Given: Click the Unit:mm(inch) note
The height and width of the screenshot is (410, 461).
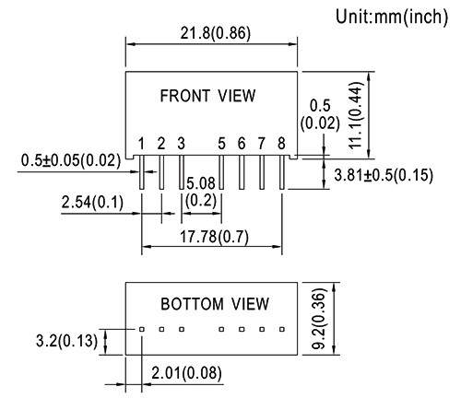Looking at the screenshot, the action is (392, 17).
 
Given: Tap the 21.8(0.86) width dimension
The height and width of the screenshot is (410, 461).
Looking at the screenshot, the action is (216, 33).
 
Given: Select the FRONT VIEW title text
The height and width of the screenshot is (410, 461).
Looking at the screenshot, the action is (207, 96).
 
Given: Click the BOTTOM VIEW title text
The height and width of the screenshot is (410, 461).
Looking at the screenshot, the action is (215, 304).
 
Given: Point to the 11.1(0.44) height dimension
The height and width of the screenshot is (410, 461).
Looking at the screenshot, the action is (355, 115).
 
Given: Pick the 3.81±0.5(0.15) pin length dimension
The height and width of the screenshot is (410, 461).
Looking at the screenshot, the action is (384, 175).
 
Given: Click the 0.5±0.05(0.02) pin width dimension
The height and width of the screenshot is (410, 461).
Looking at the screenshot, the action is (71, 160).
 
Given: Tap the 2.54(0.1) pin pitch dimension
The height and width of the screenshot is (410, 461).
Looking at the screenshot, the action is (92, 202).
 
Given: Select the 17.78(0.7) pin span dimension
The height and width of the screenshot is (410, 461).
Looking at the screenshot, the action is (214, 237).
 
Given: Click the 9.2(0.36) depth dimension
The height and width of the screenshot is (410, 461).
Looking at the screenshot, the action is (318, 319).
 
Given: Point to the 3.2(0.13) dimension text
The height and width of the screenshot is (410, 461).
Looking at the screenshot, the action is (66, 341).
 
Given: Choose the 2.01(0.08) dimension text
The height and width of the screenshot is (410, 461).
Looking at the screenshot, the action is (186, 373).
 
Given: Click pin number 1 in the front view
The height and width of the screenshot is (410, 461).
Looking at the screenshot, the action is (141, 144).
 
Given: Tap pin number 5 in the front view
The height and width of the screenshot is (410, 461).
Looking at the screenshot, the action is (221, 144).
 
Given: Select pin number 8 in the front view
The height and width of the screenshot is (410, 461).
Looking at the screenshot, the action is (281, 144).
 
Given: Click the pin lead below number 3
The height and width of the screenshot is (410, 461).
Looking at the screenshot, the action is (182, 172).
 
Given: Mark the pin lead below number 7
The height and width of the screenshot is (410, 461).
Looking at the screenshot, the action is (262, 172).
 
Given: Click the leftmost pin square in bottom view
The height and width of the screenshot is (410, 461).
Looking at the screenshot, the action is (142, 329).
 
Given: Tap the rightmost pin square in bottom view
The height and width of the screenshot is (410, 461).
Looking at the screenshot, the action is (282, 329).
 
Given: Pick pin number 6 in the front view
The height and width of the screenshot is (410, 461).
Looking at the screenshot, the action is (242, 144).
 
